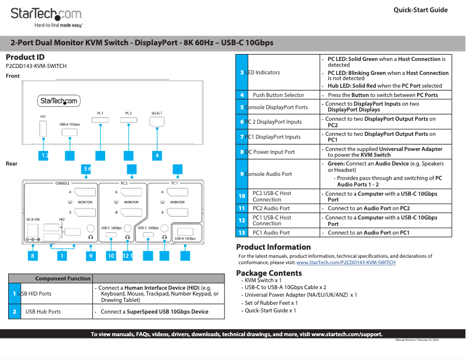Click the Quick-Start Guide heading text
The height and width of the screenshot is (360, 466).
point(420,10)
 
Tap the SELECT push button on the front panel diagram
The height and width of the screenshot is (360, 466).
point(156,122)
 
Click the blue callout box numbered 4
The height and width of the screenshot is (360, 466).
point(157,155)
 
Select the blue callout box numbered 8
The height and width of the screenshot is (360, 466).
point(33,255)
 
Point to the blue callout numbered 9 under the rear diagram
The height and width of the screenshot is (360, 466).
point(91,255)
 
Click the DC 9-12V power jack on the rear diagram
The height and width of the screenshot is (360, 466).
point(33,231)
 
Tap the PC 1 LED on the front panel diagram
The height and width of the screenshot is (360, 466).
point(101,120)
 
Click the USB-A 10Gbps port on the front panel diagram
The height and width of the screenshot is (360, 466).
point(69,132)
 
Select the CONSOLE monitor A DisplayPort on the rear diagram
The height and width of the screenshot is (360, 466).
point(86,192)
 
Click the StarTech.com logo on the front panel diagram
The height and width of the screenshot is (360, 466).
point(59,101)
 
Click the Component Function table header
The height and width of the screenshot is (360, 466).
point(63,278)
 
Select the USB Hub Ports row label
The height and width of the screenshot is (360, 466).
point(43,312)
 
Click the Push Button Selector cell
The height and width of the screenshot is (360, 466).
point(278,95)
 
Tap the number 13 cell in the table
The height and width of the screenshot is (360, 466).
point(242,232)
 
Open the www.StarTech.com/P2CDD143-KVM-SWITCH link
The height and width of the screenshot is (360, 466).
point(346,262)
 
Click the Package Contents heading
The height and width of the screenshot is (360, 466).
point(268,273)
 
